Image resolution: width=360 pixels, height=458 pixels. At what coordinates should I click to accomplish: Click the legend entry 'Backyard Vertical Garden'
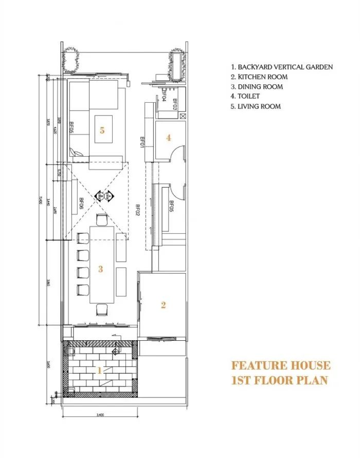[x=282, y=67]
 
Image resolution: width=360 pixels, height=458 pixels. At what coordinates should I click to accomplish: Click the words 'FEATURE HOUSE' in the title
[x=281, y=365]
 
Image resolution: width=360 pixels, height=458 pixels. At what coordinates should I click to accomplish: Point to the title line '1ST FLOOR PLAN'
[x=279, y=381]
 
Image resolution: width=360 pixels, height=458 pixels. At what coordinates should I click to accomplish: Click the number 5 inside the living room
[x=102, y=131]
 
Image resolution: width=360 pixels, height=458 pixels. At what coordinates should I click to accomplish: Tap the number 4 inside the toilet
[x=168, y=137]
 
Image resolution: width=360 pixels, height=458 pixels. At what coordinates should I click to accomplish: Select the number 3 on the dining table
[x=101, y=268]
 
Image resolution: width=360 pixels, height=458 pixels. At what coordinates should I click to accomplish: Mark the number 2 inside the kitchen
[x=164, y=305]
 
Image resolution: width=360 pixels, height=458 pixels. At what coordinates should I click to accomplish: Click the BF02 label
[x=137, y=212]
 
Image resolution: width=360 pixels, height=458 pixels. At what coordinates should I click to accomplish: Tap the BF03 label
[x=175, y=105]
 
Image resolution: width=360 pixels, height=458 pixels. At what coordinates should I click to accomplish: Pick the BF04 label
[x=164, y=96]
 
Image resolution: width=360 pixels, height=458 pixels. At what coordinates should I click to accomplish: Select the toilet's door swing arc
[x=178, y=153]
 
